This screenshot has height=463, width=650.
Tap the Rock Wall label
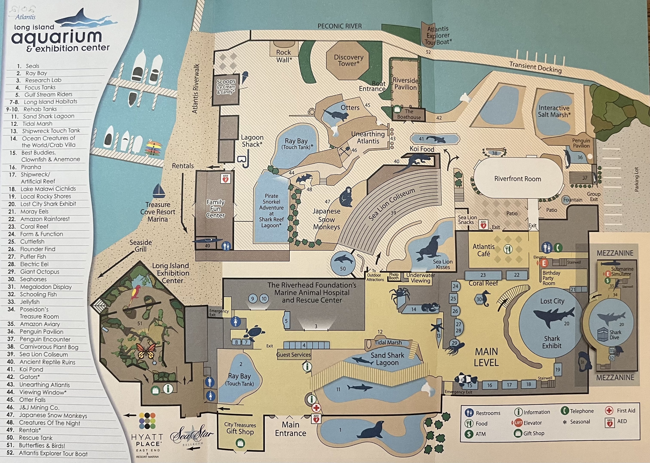coord(284,56)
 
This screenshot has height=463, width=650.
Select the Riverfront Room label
coord(518,179)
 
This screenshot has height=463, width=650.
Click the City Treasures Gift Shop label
coord(240,428)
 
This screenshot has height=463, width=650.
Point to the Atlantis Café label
coord(484,250)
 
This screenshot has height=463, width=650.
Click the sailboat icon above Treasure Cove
coord(159,191)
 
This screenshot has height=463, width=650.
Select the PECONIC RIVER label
coord(339,26)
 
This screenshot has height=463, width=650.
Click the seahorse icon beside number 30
coord(486,298)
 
